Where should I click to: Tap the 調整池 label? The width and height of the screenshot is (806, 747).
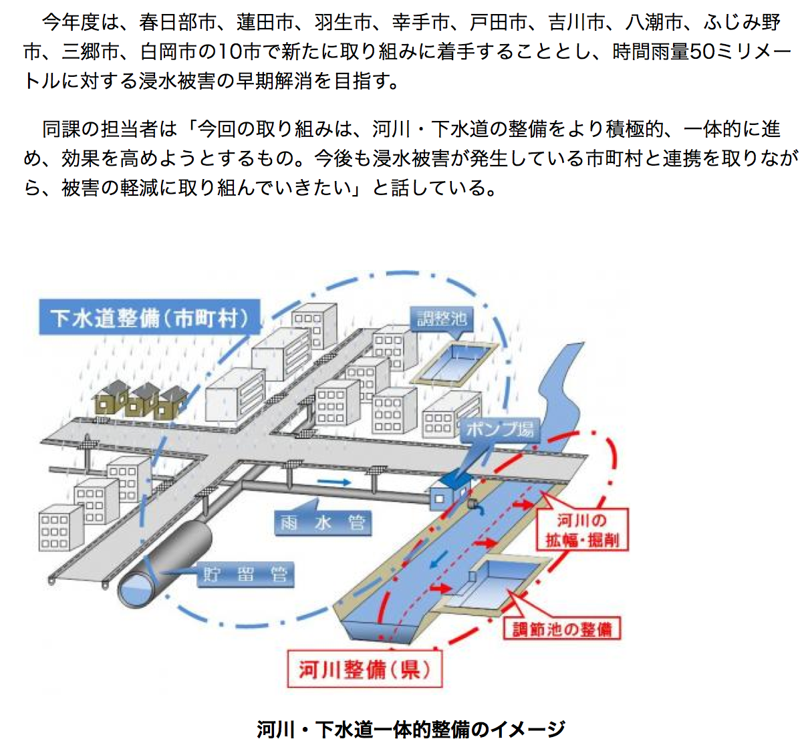click(442, 318)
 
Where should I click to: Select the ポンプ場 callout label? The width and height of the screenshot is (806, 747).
click(500, 429)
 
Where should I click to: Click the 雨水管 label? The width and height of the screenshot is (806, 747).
click(323, 522)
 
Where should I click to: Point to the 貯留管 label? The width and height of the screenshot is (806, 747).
click(245, 574)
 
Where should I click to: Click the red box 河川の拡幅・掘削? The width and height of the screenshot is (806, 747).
click(581, 530)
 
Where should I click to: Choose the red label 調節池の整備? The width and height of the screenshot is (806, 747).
click(561, 629)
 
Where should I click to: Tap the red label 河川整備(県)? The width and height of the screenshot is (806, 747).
click(364, 669)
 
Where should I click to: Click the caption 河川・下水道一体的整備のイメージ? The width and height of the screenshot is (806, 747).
click(411, 729)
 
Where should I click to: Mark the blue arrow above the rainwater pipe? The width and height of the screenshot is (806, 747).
click(333, 482)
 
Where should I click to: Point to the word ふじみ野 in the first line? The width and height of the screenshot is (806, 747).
click(742, 22)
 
